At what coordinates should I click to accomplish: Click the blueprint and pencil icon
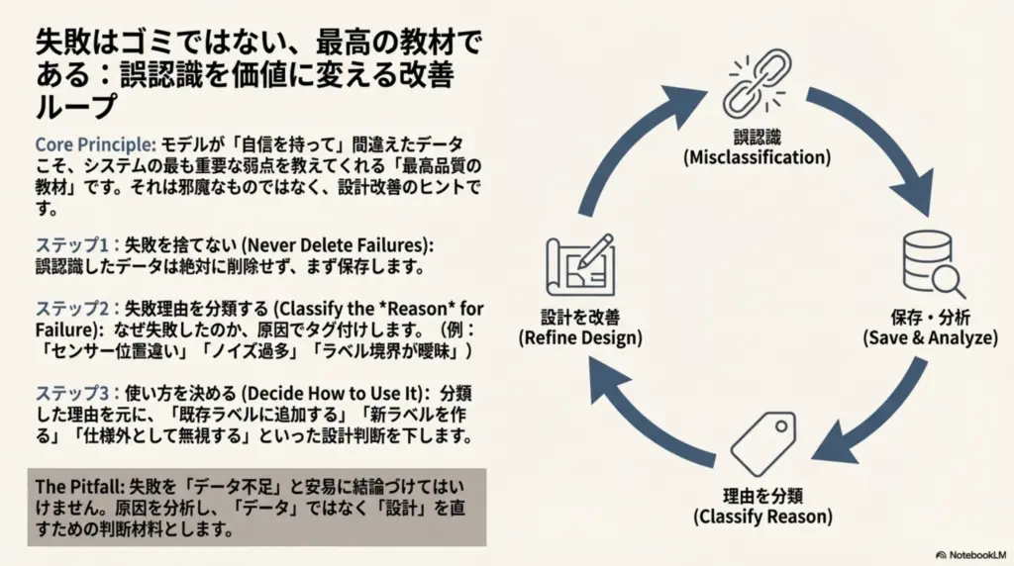[x=579, y=268]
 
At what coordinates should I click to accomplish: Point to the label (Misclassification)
[x=757, y=157]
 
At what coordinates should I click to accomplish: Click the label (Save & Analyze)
[x=930, y=337]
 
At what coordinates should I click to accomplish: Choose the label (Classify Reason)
[x=763, y=516]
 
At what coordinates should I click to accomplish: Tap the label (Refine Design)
[x=579, y=337]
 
